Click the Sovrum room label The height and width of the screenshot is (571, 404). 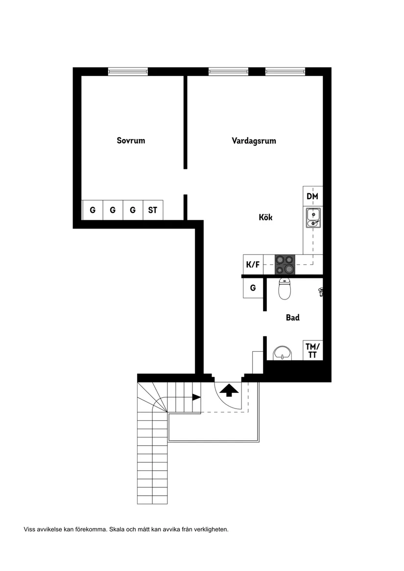[131, 140]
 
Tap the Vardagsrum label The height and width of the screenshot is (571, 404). [254, 140]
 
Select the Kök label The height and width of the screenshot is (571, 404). [265, 217]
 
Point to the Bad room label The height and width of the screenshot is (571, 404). [292, 318]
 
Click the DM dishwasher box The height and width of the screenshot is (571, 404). [312, 196]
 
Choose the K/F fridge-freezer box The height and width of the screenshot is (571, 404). [253, 265]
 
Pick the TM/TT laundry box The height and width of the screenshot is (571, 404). [311, 351]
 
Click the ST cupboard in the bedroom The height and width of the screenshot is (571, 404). [153, 210]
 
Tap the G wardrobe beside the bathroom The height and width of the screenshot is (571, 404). [253, 288]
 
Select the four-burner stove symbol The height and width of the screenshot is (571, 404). [285, 265]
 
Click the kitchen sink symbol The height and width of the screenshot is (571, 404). [312, 217]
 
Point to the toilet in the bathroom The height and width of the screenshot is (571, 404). [285, 289]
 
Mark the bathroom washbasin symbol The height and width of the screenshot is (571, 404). [281, 353]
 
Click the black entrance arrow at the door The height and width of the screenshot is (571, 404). [229, 389]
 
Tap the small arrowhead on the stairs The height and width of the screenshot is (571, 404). [196, 397]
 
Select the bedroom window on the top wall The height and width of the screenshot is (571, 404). [128, 71]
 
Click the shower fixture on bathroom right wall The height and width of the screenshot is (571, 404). [321, 292]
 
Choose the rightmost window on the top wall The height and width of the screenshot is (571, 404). [285, 71]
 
